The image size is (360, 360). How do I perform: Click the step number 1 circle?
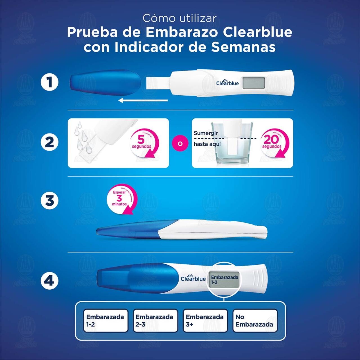(49, 83)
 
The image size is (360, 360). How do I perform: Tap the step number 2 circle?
(49, 142)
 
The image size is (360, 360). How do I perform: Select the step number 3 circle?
(49, 201)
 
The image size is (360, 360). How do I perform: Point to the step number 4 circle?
(49, 280)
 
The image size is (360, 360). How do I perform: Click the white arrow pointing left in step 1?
(143, 100)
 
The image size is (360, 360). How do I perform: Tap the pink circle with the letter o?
(180, 143)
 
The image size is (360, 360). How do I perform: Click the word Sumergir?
(206, 133)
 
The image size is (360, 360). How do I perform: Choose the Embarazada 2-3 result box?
(155, 321)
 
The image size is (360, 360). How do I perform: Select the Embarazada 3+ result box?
(205, 321)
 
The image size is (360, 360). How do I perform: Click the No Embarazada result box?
(255, 321)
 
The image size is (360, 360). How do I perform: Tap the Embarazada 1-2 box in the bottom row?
(106, 321)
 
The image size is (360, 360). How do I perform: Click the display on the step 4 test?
(224, 280)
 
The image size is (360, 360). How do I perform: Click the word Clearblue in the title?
(257, 33)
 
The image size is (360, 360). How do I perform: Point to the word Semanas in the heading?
(244, 47)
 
